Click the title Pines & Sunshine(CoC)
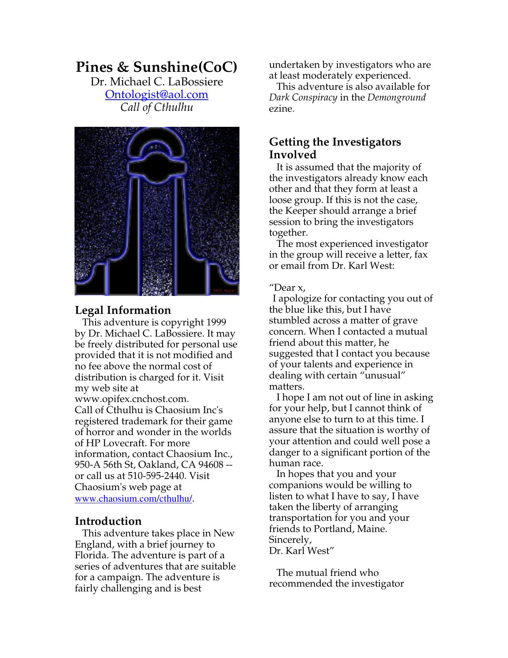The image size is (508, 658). tap(156, 67)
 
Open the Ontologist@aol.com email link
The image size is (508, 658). tap(157, 95)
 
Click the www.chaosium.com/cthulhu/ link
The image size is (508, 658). tap(133, 499)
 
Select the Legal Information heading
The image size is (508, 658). tap(123, 310)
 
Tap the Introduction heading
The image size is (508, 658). tap(108, 521)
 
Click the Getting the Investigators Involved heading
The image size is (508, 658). tap(335, 148)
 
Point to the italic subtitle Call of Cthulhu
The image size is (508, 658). tap(157, 107)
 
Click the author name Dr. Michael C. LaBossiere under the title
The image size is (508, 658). tap(157, 82)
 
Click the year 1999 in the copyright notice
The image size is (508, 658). tap(216, 322)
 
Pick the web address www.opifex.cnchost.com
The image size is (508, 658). tap(131, 399)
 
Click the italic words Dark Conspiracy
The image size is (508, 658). tap(303, 98)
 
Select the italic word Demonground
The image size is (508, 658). tap(396, 98)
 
